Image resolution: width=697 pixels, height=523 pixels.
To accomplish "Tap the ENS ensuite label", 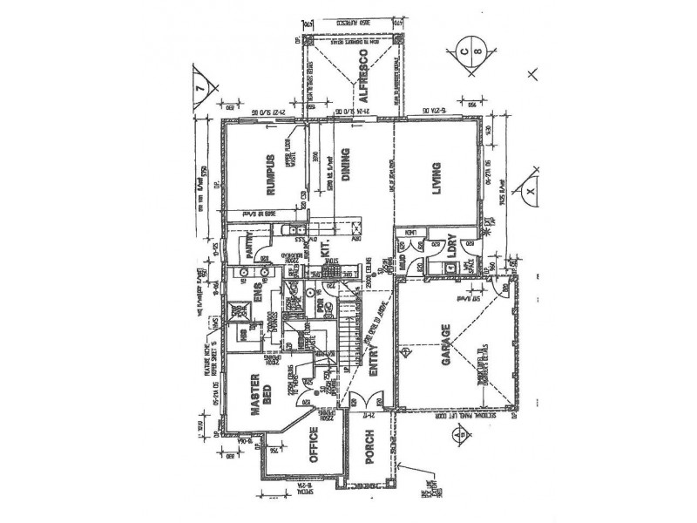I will (x=258, y=289).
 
